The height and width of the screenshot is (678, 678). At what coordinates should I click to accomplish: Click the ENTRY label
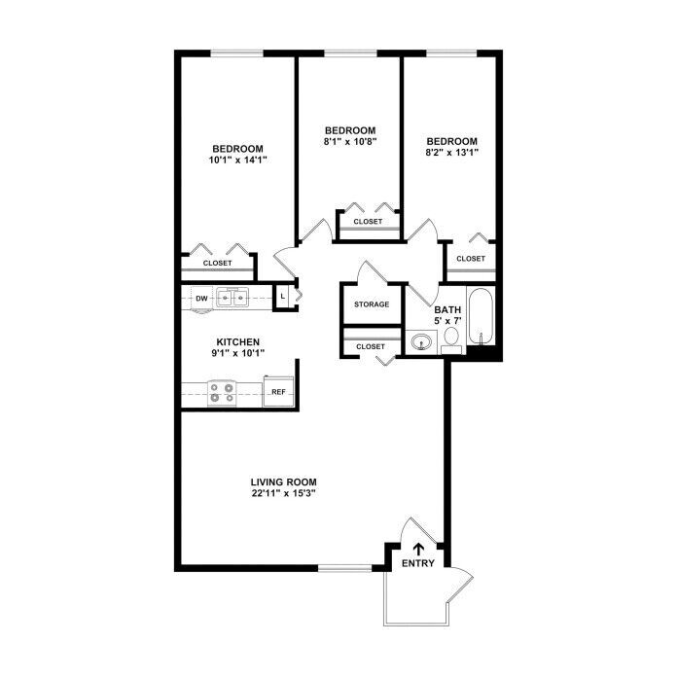[417, 563]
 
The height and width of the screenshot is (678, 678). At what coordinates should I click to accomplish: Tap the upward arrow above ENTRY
[418, 550]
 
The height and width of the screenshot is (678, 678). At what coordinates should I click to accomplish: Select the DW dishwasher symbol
[201, 299]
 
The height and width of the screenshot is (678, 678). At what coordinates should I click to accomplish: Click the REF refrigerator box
[278, 391]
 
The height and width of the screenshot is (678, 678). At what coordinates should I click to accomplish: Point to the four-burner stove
[222, 393]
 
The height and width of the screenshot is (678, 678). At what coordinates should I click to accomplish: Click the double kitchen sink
[232, 298]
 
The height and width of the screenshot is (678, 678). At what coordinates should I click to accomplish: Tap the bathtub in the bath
[481, 316]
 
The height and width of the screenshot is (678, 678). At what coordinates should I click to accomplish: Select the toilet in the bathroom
[451, 340]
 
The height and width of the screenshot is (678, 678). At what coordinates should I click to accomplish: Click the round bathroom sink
[421, 342]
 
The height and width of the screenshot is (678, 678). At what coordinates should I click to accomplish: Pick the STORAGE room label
[372, 304]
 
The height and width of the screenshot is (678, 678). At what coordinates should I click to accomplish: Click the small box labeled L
[282, 297]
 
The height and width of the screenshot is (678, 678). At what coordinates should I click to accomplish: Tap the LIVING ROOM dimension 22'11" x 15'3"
[284, 493]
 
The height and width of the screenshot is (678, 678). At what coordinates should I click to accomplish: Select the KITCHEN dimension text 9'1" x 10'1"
[237, 353]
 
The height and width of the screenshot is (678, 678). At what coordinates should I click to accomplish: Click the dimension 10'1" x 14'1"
[237, 160]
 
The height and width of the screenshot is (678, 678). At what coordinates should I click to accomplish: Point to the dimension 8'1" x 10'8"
[350, 141]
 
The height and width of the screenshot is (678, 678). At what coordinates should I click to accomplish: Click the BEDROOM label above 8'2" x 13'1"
[452, 141]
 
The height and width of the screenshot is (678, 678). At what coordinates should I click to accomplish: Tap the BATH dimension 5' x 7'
[447, 321]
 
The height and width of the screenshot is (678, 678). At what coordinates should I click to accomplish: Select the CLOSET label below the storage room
[371, 347]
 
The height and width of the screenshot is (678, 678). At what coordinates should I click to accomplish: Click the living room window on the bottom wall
[345, 568]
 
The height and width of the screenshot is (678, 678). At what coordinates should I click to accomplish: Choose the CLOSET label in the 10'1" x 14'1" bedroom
[218, 263]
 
